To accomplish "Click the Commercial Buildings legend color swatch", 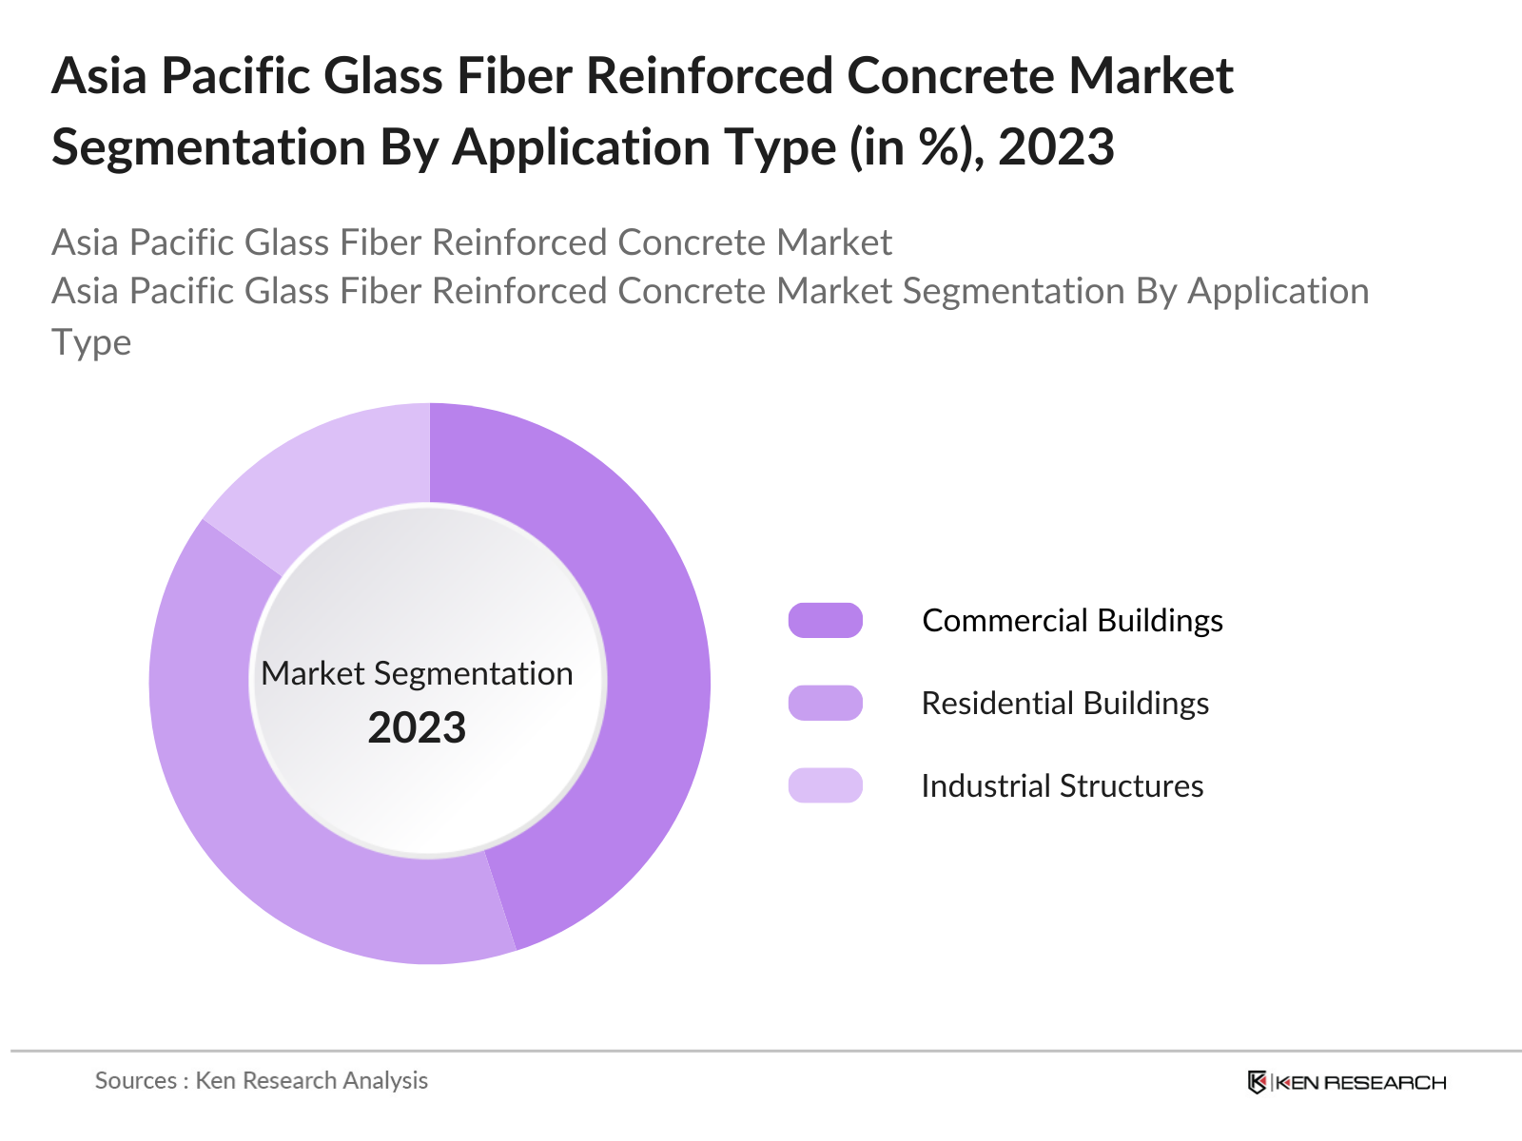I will (825, 620).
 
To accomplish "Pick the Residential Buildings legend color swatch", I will (825, 703).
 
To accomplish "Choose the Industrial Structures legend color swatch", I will (825, 785).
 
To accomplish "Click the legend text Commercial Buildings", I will (1072, 620).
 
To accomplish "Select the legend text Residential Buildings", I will (1064, 703).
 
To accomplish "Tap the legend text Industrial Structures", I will (1062, 785).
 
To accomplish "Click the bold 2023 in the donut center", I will (417, 728).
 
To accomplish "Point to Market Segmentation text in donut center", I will (417, 673).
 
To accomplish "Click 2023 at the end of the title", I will (1056, 147).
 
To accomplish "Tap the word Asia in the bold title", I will (99, 76).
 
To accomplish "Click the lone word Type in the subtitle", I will (91, 342).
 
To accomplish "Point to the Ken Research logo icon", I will (1257, 1082).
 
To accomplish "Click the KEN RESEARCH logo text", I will (1360, 1082).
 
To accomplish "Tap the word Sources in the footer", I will (135, 1080).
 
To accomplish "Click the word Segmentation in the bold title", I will (208, 147).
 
